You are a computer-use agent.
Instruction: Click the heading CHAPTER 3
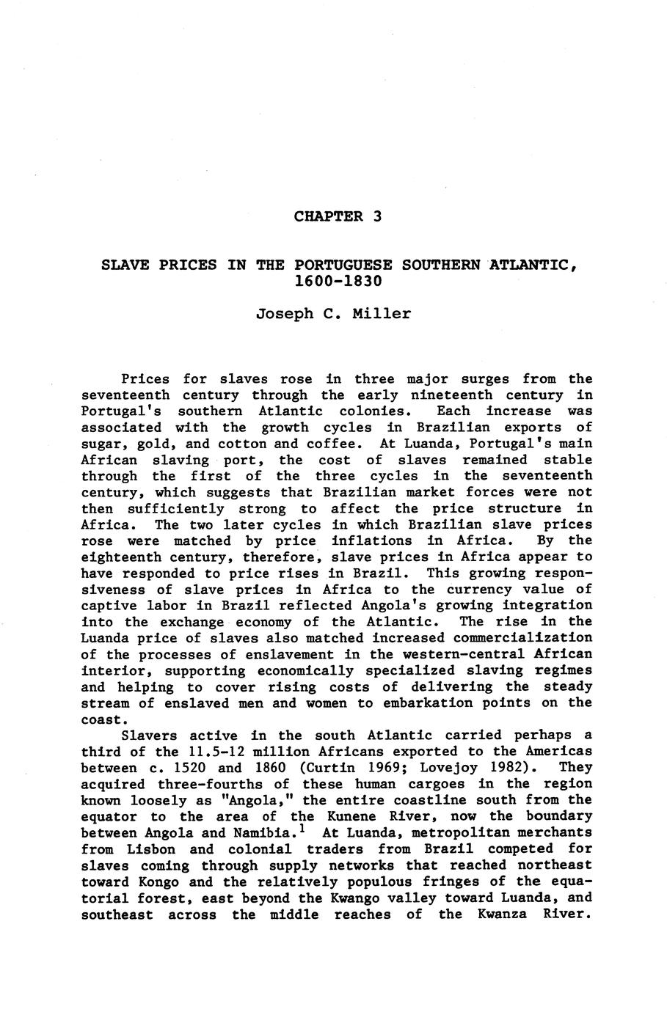click(x=338, y=216)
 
